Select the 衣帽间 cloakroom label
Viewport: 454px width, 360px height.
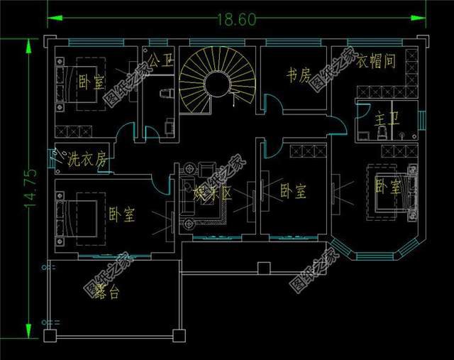tap(375, 61)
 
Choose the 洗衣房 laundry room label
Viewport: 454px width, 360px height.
tap(86, 159)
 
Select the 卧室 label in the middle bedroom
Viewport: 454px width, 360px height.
tap(293, 190)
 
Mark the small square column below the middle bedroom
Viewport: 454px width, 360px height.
tap(264, 268)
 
